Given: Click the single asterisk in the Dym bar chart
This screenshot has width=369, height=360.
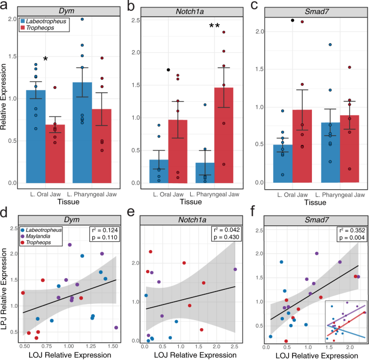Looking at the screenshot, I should pos(46,59).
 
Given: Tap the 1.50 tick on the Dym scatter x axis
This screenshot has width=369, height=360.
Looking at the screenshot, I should pos(113,349).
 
